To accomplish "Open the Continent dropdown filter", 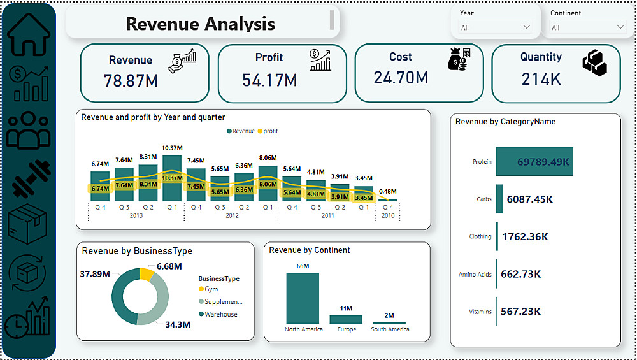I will coord(588,27).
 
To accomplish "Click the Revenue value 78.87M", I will coord(131,81).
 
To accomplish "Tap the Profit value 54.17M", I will coord(269,80).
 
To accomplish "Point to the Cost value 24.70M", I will coord(401,78).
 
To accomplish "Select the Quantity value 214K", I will coord(541,79).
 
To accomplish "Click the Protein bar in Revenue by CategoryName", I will coord(534,162).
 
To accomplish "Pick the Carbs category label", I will coord(484,199).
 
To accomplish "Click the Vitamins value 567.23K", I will coord(522,312).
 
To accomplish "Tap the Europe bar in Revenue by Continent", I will coord(346,319).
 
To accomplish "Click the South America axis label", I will coord(390,329).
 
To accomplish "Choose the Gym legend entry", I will coord(210,289).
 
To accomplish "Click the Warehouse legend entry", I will coord(220,314).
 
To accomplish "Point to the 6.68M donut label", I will coord(169,266).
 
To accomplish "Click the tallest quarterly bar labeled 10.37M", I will coord(172,178).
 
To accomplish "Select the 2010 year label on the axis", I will coord(388,215).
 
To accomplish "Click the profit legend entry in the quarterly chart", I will coord(267,131).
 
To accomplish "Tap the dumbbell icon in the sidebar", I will coord(31,176).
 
